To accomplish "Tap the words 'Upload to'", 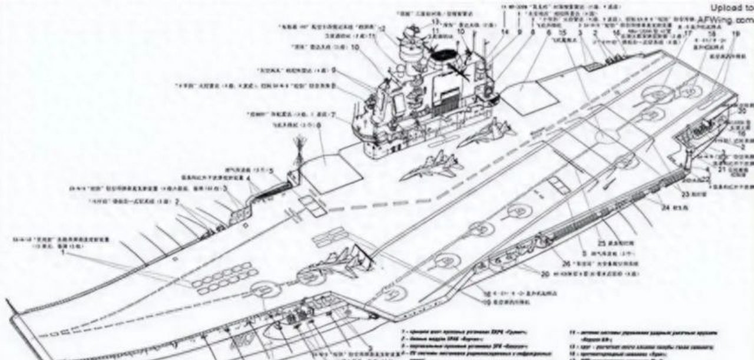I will [x=731, y=8].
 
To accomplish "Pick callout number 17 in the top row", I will [x=689, y=34].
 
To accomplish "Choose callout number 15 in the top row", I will [x=563, y=31].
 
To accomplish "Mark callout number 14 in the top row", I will [x=504, y=31].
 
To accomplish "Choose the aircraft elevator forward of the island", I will [x=333, y=171].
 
